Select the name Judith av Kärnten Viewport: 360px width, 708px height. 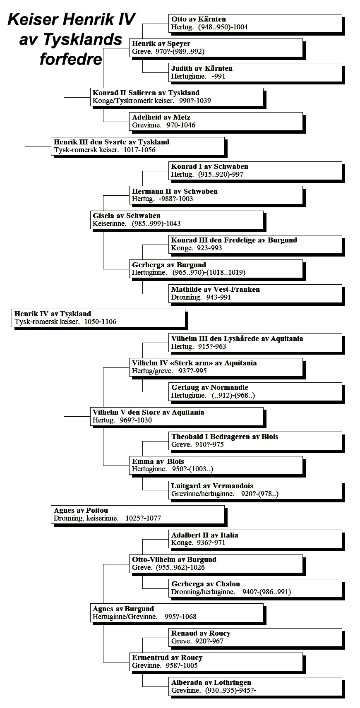coord(202,68)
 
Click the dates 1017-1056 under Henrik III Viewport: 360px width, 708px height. coord(139,150)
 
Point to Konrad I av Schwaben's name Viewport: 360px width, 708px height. coord(209,167)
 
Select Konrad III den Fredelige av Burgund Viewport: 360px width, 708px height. coord(234,240)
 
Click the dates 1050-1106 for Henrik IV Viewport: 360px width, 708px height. coord(100,322)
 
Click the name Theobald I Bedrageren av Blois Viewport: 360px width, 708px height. coord(225,437)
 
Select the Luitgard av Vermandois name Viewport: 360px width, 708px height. coord(212,486)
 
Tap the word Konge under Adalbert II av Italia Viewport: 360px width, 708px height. coord(182,543)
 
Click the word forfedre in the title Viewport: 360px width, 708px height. coord(71,59)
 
